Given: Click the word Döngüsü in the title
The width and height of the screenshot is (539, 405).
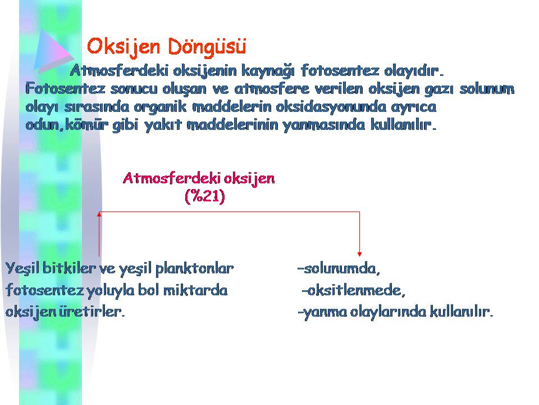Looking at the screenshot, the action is pos(208,47).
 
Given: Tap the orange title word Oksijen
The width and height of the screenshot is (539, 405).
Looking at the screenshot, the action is pos(124,47).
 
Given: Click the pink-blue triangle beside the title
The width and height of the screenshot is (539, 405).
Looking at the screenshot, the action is pos(53,51).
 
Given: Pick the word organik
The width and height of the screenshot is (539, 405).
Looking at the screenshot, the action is pos(160,107).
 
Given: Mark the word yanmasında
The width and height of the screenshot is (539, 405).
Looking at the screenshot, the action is pos(324,125).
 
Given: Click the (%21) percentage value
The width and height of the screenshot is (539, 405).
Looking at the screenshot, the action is pos(204,197).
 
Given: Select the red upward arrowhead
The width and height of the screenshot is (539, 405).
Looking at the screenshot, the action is pos(99,214).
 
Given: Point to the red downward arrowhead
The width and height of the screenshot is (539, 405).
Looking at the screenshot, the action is pos(359,254).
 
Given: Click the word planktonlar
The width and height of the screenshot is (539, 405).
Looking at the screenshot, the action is pos(194,269).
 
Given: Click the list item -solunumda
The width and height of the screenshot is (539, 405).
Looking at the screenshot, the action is pos(339,269).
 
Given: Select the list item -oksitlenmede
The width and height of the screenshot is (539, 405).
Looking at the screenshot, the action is pos(353,290).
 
